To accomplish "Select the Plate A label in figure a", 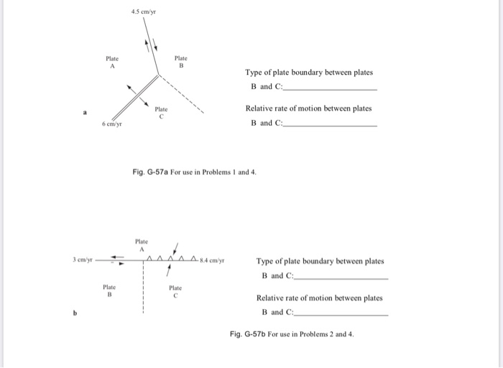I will [112, 62].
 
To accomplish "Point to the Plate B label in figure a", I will [182, 62].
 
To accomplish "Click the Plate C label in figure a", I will [162, 111].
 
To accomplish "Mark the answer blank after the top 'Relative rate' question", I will [331, 126].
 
